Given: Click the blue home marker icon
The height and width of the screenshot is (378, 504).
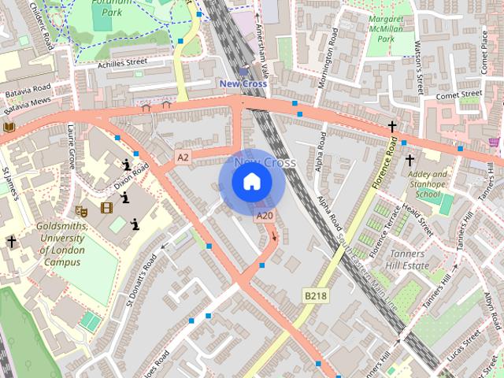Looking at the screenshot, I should [251, 182].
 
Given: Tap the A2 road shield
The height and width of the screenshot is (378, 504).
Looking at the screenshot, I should [183, 157].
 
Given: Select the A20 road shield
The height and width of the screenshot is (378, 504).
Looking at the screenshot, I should [265, 216].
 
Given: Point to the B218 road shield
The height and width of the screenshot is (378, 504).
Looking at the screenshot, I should [315, 295].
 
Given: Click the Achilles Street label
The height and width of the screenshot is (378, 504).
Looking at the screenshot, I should [122, 61].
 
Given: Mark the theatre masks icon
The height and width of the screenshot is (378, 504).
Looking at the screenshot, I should [80, 209].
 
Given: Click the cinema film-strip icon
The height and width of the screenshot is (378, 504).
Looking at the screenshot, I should [106, 209].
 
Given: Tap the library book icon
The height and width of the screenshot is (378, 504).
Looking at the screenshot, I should [9, 127].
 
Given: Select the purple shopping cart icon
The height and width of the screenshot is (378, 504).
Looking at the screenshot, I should [494, 142].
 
